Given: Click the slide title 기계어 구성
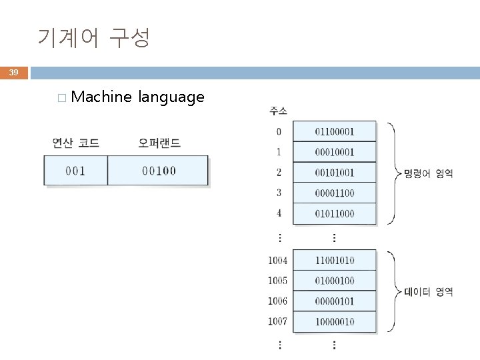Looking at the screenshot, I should pyautogui.click(x=93, y=38).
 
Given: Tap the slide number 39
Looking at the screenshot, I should pyautogui.click(x=14, y=72).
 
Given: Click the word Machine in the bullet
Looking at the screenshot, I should pyautogui.click(x=101, y=97).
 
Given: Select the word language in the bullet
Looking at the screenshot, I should pyautogui.click(x=171, y=98).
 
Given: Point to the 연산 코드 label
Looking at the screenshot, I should pyautogui.click(x=75, y=143).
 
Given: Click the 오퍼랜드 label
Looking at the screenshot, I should pyautogui.click(x=159, y=143).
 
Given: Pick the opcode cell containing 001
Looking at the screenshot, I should pyautogui.click(x=75, y=171).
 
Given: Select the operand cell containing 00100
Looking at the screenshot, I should pyautogui.click(x=159, y=171).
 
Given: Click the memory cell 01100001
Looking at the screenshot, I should pyautogui.click(x=335, y=131).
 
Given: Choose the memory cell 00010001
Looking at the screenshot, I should pyautogui.click(x=335, y=152).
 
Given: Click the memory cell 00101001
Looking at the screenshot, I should pyautogui.click(x=335, y=173).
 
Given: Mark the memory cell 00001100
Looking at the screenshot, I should pyautogui.click(x=335, y=193).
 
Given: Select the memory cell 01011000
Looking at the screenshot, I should pyautogui.click(x=335, y=214).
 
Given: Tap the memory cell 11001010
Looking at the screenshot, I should pyautogui.click(x=335, y=261).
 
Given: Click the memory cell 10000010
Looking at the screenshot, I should pyautogui.click(x=335, y=322).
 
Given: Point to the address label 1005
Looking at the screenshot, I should pyautogui.click(x=278, y=281).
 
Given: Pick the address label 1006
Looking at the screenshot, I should pyautogui.click(x=278, y=301).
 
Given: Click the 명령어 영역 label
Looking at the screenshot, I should pyautogui.click(x=429, y=173).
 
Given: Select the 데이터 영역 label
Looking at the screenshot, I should pyautogui.click(x=429, y=291).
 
